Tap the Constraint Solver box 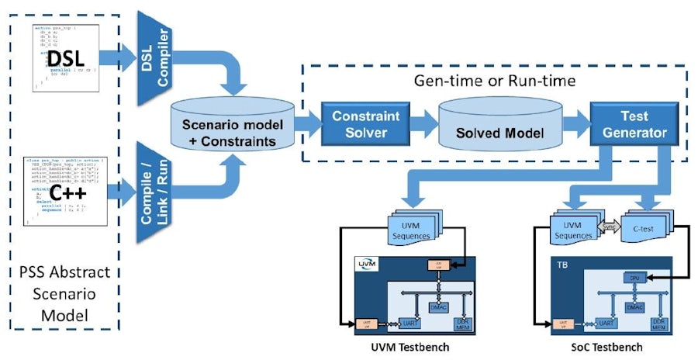(x=365, y=124)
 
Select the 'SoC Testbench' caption (x=614, y=348)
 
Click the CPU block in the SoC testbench (x=634, y=278)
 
